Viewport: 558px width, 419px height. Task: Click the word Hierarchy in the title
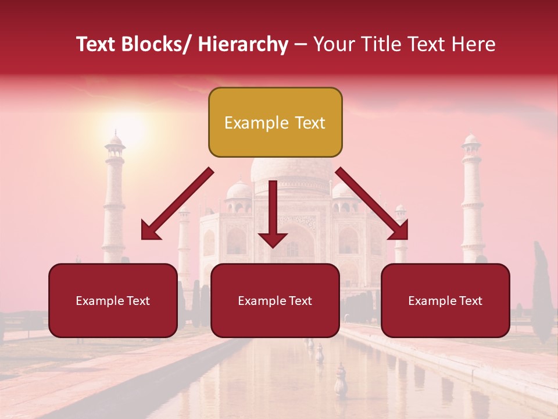click(243, 44)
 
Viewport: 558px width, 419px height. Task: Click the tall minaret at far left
click(114, 198)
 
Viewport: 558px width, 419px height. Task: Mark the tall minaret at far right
click(472, 198)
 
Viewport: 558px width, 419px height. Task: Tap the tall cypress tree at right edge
click(542, 297)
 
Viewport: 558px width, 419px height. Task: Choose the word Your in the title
click(331, 44)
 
